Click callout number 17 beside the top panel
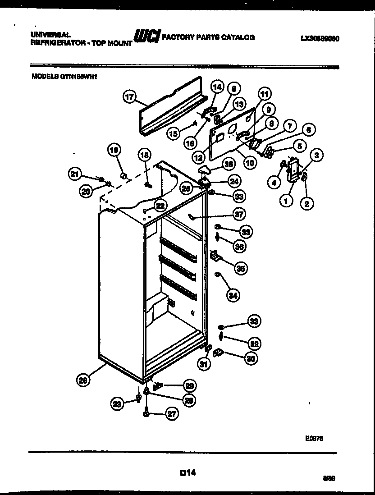(129, 96)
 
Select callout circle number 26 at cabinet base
(82, 380)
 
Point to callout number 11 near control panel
(264, 95)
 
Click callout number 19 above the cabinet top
(114, 150)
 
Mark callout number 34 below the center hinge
(233, 296)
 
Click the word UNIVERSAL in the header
(50, 34)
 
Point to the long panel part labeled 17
(171, 107)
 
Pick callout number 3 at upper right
(317, 156)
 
